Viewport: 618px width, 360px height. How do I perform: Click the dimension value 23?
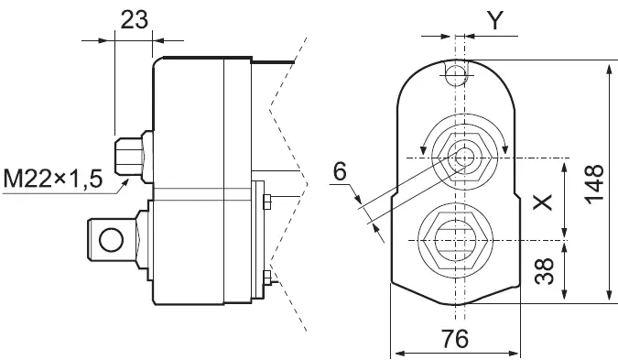(135, 21)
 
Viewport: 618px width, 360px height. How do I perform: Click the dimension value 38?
(543, 271)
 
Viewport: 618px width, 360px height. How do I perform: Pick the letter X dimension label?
(543, 201)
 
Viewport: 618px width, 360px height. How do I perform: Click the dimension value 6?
(340, 170)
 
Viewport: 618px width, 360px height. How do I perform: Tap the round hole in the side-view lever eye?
(112, 240)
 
